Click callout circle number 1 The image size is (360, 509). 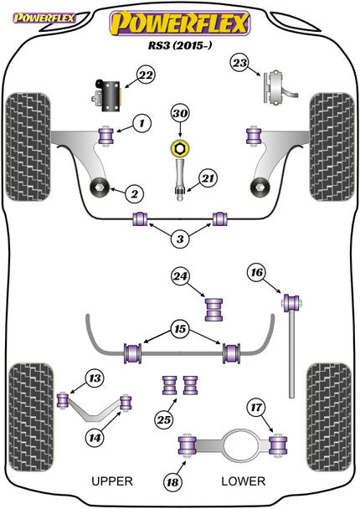tap(142, 123)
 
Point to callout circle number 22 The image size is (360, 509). tap(146, 76)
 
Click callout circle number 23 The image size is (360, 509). tap(240, 63)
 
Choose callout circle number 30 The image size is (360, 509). tap(179, 113)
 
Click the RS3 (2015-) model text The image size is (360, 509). tap(179, 48)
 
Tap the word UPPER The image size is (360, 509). tap(111, 481)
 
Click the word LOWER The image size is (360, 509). tap(243, 481)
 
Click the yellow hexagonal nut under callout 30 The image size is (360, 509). tap(178, 149)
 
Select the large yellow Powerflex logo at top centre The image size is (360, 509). tap(179, 23)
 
